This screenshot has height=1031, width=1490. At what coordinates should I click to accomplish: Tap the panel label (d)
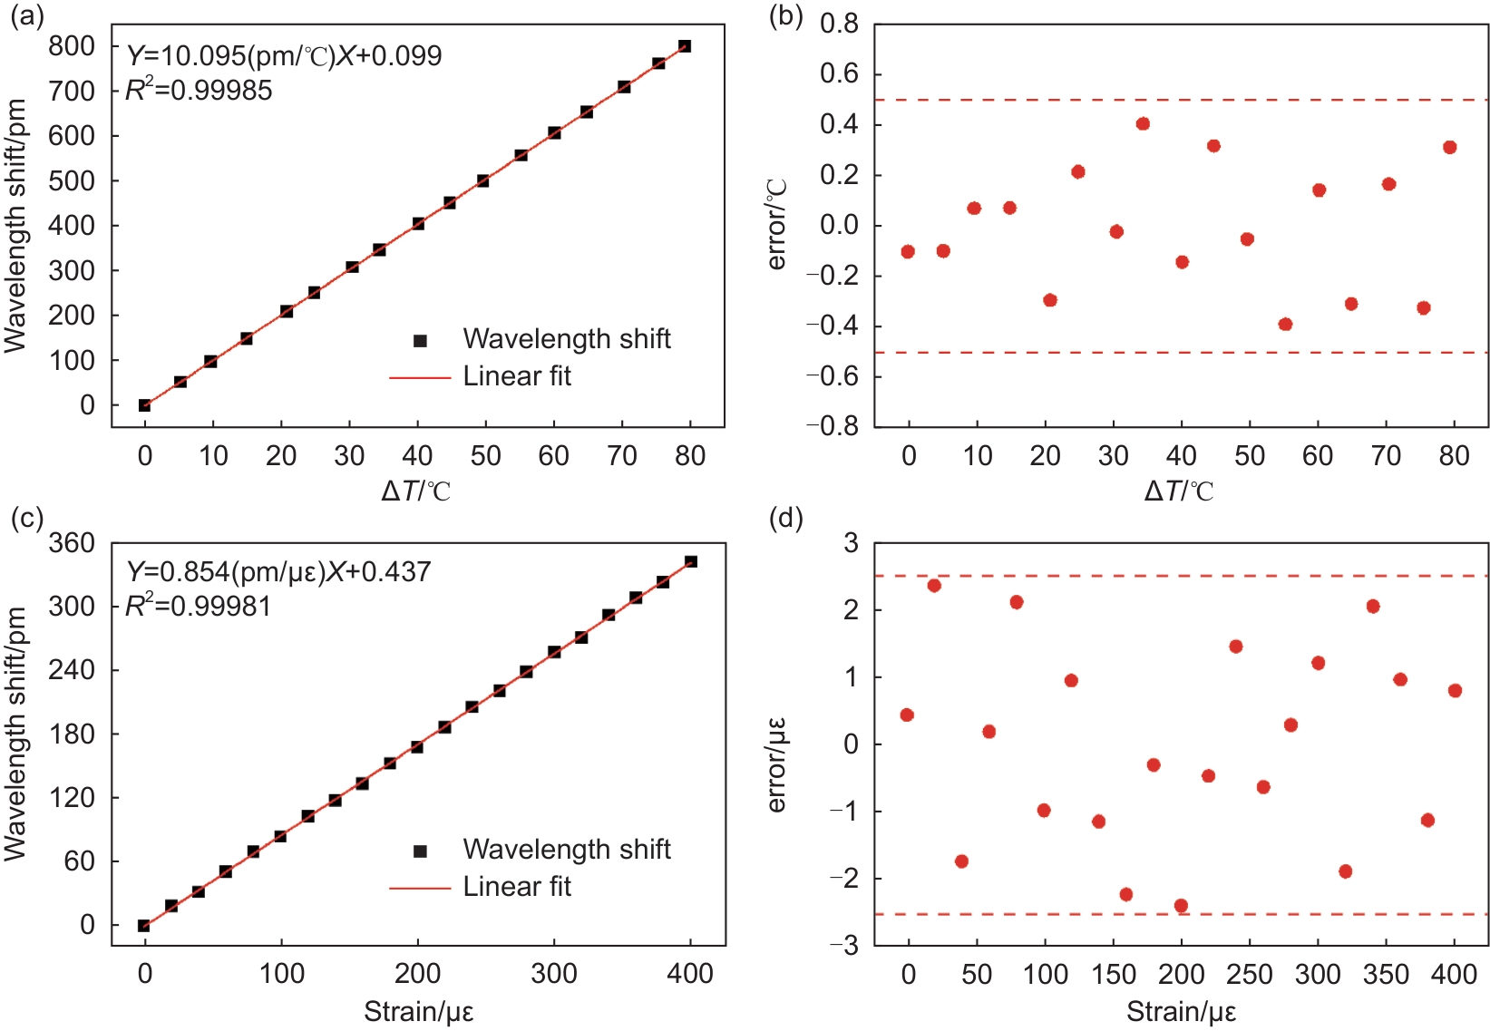pyautogui.click(x=786, y=520)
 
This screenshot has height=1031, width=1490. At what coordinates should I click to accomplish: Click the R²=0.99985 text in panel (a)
pyautogui.click(x=199, y=90)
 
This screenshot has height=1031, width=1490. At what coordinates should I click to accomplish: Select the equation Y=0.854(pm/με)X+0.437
pyautogui.click(x=278, y=572)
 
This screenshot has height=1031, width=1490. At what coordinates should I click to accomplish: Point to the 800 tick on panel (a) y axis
pyautogui.click(x=72, y=45)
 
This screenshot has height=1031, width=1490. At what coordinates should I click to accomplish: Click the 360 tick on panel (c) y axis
pyautogui.click(x=72, y=543)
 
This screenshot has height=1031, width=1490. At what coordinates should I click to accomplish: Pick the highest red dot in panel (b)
pyautogui.click(x=1143, y=124)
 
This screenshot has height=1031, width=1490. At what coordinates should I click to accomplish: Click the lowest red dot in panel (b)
pyautogui.click(x=1285, y=325)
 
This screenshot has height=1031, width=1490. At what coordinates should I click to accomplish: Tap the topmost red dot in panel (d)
pyautogui.click(x=934, y=586)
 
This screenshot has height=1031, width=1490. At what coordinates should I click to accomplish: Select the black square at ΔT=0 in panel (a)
pyautogui.click(x=145, y=405)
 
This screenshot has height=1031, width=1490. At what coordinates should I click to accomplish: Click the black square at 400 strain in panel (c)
pyautogui.click(x=691, y=562)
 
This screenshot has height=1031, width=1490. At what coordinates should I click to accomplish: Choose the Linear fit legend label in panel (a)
pyautogui.click(x=517, y=376)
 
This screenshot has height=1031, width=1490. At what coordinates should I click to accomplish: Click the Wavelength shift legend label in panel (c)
pyautogui.click(x=567, y=850)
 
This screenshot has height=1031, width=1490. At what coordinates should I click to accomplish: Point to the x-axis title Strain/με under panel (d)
pyautogui.click(x=1181, y=1012)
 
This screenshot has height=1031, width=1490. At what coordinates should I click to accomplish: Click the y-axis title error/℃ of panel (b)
pyautogui.click(x=777, y=225)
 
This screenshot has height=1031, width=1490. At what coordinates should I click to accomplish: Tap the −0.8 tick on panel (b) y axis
pyautogui.click(x=839, y=426)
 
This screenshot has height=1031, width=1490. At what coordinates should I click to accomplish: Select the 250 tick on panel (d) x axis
pyautogui.click(x=1250, y=975)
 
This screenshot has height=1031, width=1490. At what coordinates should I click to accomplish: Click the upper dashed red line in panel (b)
pyautogui.click(x=1179, y=100)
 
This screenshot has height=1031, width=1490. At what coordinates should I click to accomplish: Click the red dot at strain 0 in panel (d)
pyautogui.click(x=907, y=715)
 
